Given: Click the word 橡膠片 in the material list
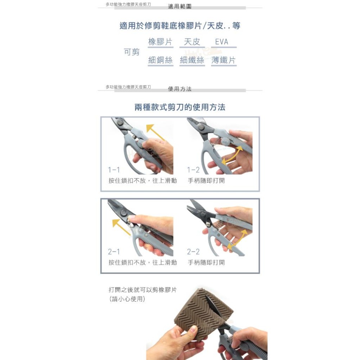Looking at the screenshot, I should pos(160,42).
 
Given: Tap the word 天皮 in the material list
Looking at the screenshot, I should pos(192,42).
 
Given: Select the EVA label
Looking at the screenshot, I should pos(222,42).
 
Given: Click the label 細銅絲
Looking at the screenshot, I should pos(161,60).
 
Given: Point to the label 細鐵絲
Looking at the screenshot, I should pos(192,60).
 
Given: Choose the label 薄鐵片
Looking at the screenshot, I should pos(224,60).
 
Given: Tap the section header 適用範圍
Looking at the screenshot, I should pos(180,6).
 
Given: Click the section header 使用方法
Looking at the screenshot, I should pos(180,89).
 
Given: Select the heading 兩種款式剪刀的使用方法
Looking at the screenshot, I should pos(180,107).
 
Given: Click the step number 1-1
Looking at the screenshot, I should pos(114,170).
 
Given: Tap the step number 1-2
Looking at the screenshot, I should pos(193,170).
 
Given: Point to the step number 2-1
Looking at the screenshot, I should pos(114,252).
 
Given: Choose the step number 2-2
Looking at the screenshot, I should pos(193,252).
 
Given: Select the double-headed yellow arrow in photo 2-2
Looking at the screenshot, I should pos(238,239).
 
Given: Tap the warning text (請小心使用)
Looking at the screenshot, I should pos(127,298).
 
